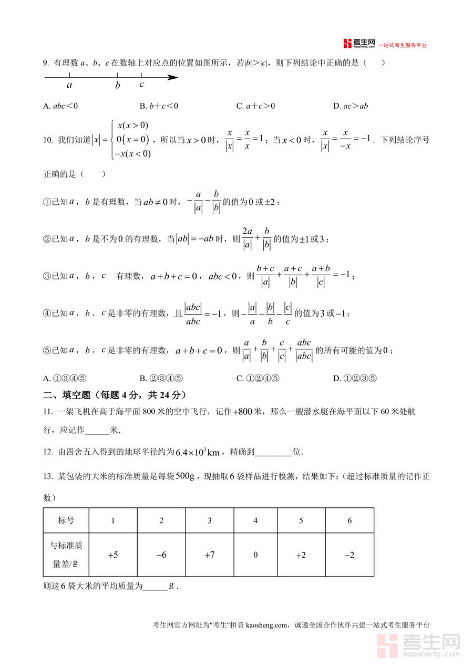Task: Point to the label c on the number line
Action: [x=141, y=84]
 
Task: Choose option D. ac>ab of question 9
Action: [x=350, y=106]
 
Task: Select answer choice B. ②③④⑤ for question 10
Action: [x=161, y=378]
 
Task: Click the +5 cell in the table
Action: [x=113, y=555]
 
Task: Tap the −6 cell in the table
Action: [x=161, y=555]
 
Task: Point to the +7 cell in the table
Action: [x=209, y=555]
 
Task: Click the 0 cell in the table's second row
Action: [x=255, y=555]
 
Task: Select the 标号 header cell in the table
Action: [x=66, y=520]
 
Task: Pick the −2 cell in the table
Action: [x=349, y=555]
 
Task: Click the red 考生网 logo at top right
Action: [x=359, y=44]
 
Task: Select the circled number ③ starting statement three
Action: [x=47, y=276]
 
